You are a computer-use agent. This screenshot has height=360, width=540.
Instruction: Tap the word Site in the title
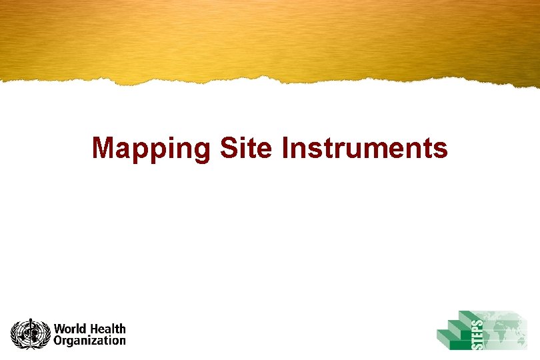(x=245, y=147)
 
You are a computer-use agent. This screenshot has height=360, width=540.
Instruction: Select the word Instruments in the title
(x=365, y=147)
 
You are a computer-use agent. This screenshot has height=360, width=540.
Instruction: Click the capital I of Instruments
(x=285, y=147)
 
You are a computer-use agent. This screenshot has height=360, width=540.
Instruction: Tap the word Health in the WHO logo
(x=108, y=329)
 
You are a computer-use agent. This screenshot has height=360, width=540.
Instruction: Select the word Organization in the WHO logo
(x=90, y=341)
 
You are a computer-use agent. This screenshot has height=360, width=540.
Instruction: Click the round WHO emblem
(x=30, y=334)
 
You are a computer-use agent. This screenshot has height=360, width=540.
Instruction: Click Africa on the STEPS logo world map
(x=503, y=329)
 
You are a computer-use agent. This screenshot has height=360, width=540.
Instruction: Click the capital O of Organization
(x=59, y=341)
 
